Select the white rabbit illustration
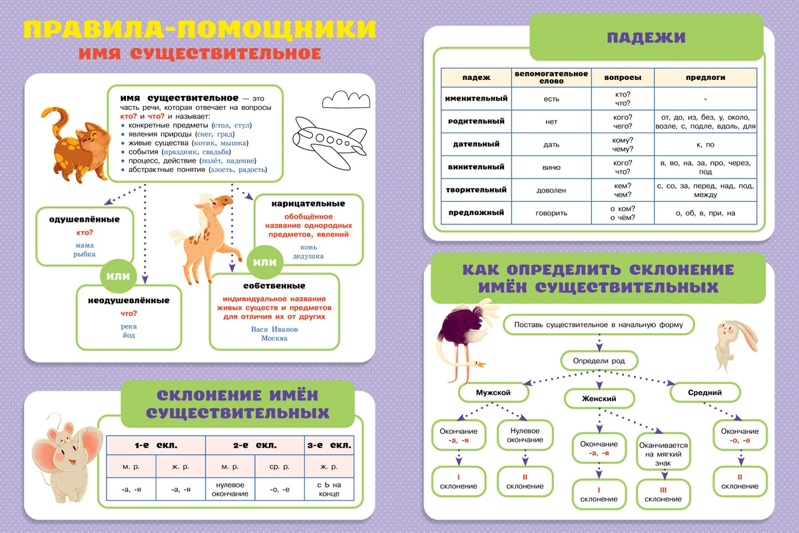(732, 342)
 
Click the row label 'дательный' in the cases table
(476, 144)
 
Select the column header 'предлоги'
(705, 77)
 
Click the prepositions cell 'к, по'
(705, 144)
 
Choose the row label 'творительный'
(476, 190)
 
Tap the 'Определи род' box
(599, 361)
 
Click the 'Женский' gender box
(599, 398)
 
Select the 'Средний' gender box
(705, 392)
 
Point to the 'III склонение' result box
(663, 494)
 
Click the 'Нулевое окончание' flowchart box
(525, 435)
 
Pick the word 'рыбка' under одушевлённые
(85, 254)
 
